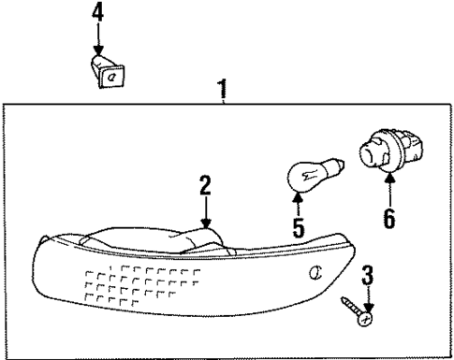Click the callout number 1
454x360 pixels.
tap(223, 91)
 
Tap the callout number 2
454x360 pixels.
tap(205, 186)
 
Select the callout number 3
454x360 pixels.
tap(369, 275)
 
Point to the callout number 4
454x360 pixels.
tap(98, 13)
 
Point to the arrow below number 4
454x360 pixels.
tap(98, 39)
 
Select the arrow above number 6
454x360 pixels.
tap(388, 192)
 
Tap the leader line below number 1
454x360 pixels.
tap(224, 102)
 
